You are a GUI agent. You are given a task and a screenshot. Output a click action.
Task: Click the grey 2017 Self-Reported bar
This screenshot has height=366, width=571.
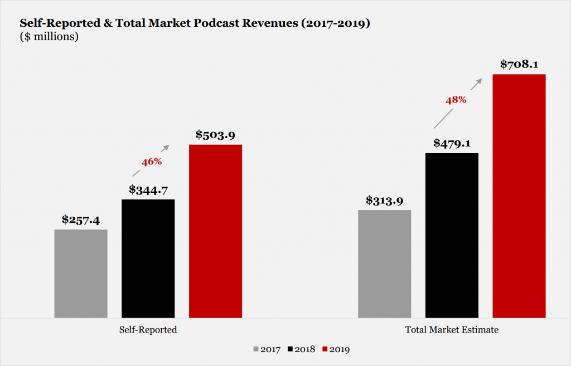pyautogui.click(x=81, y=273)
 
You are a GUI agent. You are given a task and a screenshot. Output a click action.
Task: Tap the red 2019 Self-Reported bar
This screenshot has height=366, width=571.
pyautogui.click(x=215, y=231)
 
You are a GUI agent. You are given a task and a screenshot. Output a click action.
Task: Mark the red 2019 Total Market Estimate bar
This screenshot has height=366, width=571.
pyautogui.click(x=519, y=196)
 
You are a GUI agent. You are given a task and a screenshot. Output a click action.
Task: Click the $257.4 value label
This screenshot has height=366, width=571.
pyautogui.click(x=80, y=220)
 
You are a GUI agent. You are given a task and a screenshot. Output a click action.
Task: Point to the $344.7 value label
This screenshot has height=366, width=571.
pyautogui.click(x=148, y=190)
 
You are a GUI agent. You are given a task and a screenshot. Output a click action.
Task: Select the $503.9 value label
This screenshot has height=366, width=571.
pyautogui.click(x=215, y=135)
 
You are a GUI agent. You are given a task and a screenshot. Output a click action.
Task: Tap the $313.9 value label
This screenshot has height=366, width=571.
pyautogui.click(x=384, y=201)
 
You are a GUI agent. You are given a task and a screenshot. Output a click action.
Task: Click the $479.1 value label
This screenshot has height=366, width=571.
pyautogui.click(x=452, y=143)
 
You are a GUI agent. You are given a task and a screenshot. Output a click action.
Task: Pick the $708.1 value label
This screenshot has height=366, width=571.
pyautogui.click(x=519, y=65)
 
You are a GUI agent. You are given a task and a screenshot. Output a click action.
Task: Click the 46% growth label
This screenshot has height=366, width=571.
pyautogui.click(x=151, y=162)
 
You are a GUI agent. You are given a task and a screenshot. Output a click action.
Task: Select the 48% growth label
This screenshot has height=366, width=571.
pyautogui.click(x=456, y=100)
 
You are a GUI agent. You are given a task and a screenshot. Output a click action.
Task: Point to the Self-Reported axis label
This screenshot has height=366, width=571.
pyautogui.click(x=148, y=330)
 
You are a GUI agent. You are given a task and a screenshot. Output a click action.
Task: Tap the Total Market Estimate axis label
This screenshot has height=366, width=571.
pyautogui.click(x=452, y=330)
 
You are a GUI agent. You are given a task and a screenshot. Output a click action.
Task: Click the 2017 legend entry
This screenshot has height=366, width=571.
pyautogui.click(x=267, y=349)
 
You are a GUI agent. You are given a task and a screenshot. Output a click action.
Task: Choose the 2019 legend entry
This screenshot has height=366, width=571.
pyautogui.click(x=333, y=349)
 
